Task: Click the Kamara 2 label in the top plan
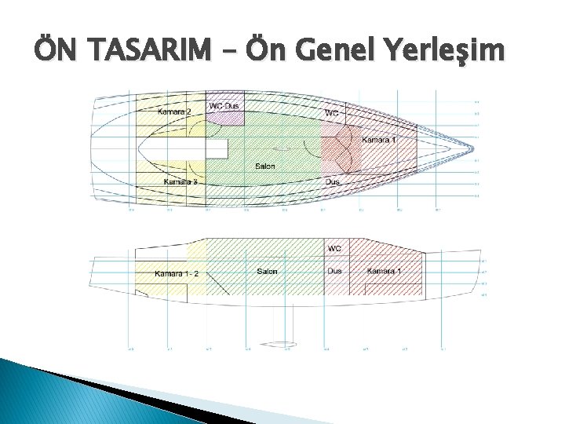pos(173,112)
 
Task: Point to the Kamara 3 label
pos(180,182)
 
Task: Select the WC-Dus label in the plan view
pos(224,105)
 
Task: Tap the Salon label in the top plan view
pos(264,166)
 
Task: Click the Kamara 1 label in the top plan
pos(378,140)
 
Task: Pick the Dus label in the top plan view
pos(333,182)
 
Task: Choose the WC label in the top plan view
pos(332,113)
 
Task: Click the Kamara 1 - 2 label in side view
pos(177,273)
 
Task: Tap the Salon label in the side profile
pos(267,272)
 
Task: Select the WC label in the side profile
pos(334,249)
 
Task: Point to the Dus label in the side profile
pos(334,272)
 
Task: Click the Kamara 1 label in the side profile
pos(384,272)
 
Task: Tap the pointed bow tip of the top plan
pos(474,145)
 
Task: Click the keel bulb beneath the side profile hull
pos(279,344)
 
